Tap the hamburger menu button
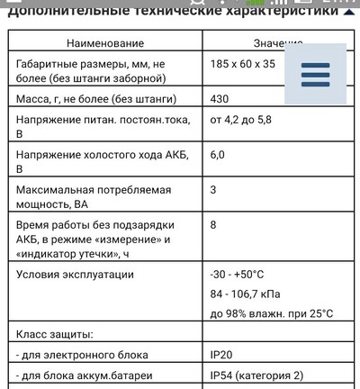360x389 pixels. click(315, 74)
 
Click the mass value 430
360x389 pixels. click(220, 98)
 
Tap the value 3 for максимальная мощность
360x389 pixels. click(213, 190)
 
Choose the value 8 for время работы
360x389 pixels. click(213, 224)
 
